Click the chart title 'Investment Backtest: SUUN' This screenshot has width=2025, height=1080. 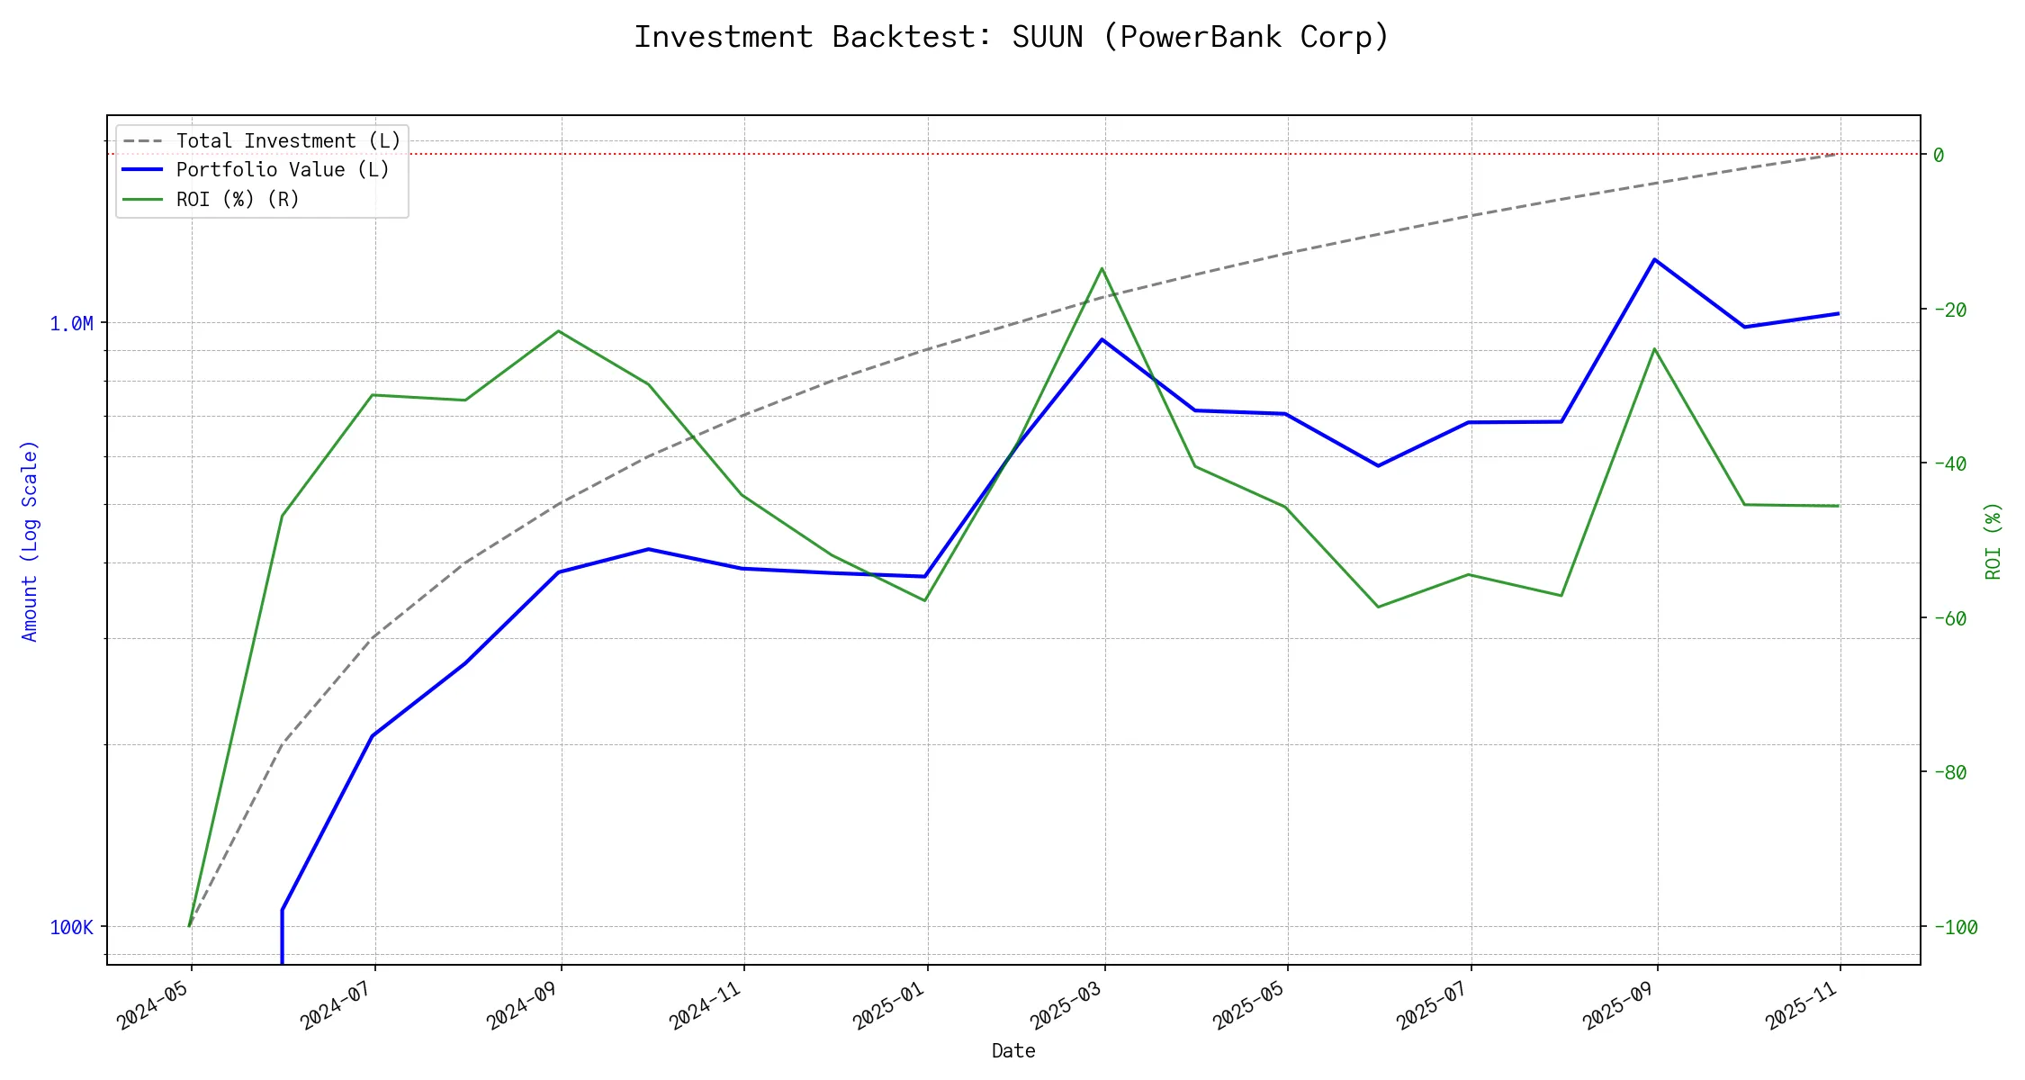pos(1012,37)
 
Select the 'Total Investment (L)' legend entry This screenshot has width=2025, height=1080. pos(288,141)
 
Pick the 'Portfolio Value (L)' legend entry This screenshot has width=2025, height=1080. pos(283,170)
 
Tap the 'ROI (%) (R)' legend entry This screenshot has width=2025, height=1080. pos(238,199)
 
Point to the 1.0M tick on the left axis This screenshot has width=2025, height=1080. pos(71,323)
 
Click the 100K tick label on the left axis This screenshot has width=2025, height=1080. pos(71,927)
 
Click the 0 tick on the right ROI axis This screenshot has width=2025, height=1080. pos(1939,155)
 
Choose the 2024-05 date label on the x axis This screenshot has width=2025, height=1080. pos(154,1004)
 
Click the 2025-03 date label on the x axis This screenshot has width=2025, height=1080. pos(1067,1004)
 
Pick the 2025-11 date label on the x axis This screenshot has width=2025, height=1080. pos(1803,1004)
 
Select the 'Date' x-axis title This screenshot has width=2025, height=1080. pos(1013,1051)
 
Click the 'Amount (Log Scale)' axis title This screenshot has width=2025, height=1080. pos(30,540)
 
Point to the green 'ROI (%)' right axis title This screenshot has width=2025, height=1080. pos(1993,540)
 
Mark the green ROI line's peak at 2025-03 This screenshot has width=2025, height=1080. pos(1102,268)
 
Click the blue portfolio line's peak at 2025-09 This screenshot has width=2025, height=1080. pos(1654,259)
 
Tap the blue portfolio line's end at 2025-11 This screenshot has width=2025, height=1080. pos(1838,313)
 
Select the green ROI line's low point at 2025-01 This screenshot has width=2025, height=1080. pos(925,600)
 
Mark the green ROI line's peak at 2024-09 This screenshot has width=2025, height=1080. pos(559,331)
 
